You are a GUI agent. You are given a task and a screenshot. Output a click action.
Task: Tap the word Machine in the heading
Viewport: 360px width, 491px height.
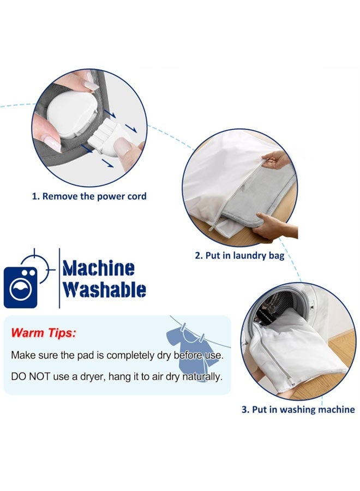98,268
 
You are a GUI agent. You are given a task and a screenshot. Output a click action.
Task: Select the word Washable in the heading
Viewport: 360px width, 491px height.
104,290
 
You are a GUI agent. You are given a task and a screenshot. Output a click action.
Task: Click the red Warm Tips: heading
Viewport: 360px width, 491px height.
44,332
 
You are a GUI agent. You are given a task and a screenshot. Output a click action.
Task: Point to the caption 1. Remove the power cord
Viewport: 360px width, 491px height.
89,196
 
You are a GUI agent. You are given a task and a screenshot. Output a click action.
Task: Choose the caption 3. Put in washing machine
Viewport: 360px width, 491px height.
298,409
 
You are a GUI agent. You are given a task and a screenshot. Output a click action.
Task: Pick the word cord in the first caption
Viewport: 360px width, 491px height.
136,196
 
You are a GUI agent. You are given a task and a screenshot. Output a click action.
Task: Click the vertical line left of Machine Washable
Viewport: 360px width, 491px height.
59,278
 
